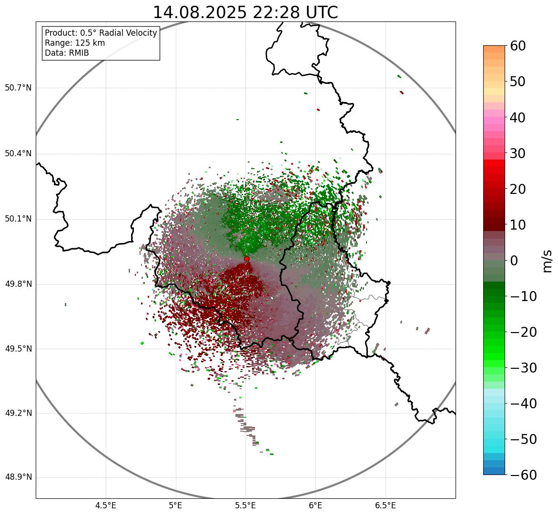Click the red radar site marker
click(x=247, y=259)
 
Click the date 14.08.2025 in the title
click(x=200, y=12)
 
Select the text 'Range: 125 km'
click(x=75, y=43)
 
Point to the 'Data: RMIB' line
click(x=67, y=53)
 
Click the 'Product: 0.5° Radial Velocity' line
click(x=101, y=33)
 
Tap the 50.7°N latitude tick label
click(x=18, y=88)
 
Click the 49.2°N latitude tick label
click(x=18, y=413)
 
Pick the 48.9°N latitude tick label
click(x=18, y=477)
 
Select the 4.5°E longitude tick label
click(x=106, y=505)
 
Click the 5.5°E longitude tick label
click(x=245, y=505)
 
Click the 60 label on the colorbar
click(x=518, y=46)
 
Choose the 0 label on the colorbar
click(x=514, y=261)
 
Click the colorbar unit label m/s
click(x=547, y=260)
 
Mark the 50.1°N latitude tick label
click(x=18, y=219)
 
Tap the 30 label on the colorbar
click(x=518, y=153)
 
